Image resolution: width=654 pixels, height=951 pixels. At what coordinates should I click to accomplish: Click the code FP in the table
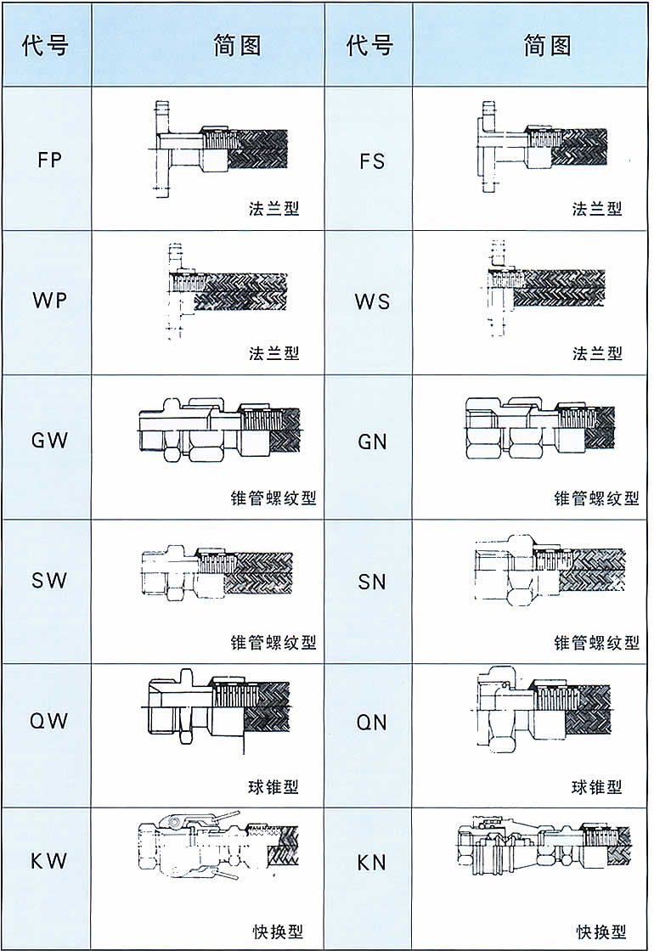[x=49, y=160]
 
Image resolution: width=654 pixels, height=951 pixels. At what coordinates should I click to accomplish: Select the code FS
[x=372, y=160]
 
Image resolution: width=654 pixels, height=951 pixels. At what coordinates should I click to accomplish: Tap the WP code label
[x=49, y=301]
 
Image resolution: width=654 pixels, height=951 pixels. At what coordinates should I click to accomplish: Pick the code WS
[x=372, y=301]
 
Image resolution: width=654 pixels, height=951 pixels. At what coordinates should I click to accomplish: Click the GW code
[x=49, y=441]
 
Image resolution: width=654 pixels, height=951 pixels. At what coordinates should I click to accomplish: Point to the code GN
[x=372, y=441]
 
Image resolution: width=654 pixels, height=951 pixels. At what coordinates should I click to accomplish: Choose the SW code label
[x=49, y=582]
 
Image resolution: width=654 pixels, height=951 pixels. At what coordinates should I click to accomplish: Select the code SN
[x=372, y=582]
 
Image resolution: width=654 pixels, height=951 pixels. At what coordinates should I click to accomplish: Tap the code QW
[x=49, y=722]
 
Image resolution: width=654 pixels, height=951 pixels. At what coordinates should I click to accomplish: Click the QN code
[x=372, y=722]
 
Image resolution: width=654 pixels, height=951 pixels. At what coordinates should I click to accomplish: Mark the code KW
[x=49, y=862]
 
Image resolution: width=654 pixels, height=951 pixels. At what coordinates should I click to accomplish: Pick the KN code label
[x=372, y=862]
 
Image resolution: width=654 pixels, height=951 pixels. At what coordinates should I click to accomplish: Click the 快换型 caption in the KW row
[x=277, y=931]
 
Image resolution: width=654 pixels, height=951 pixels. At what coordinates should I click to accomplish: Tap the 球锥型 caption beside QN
[x=596, y=787]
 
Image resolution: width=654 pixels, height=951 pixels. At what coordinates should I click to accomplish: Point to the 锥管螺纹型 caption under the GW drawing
[x=273, y=498]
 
